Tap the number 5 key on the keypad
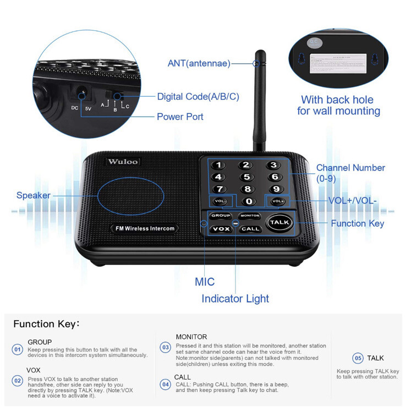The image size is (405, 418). coord(247,177)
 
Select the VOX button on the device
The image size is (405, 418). coord(221,228)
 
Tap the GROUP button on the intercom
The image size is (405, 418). coord(221,216)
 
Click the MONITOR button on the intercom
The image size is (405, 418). coord(250,216)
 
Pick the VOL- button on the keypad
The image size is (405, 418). coord(220,201)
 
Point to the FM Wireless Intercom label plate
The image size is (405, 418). coord(141,228)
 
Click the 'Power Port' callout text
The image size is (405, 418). coord(180,117)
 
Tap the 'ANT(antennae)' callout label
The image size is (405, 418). coord(199,63)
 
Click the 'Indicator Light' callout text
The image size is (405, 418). coord(235,299)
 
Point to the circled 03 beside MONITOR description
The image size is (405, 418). coord(165,348)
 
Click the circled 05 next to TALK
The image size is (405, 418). coord(358,358)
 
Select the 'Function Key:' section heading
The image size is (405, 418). coord(47,324)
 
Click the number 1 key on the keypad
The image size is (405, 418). coord(219,165)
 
